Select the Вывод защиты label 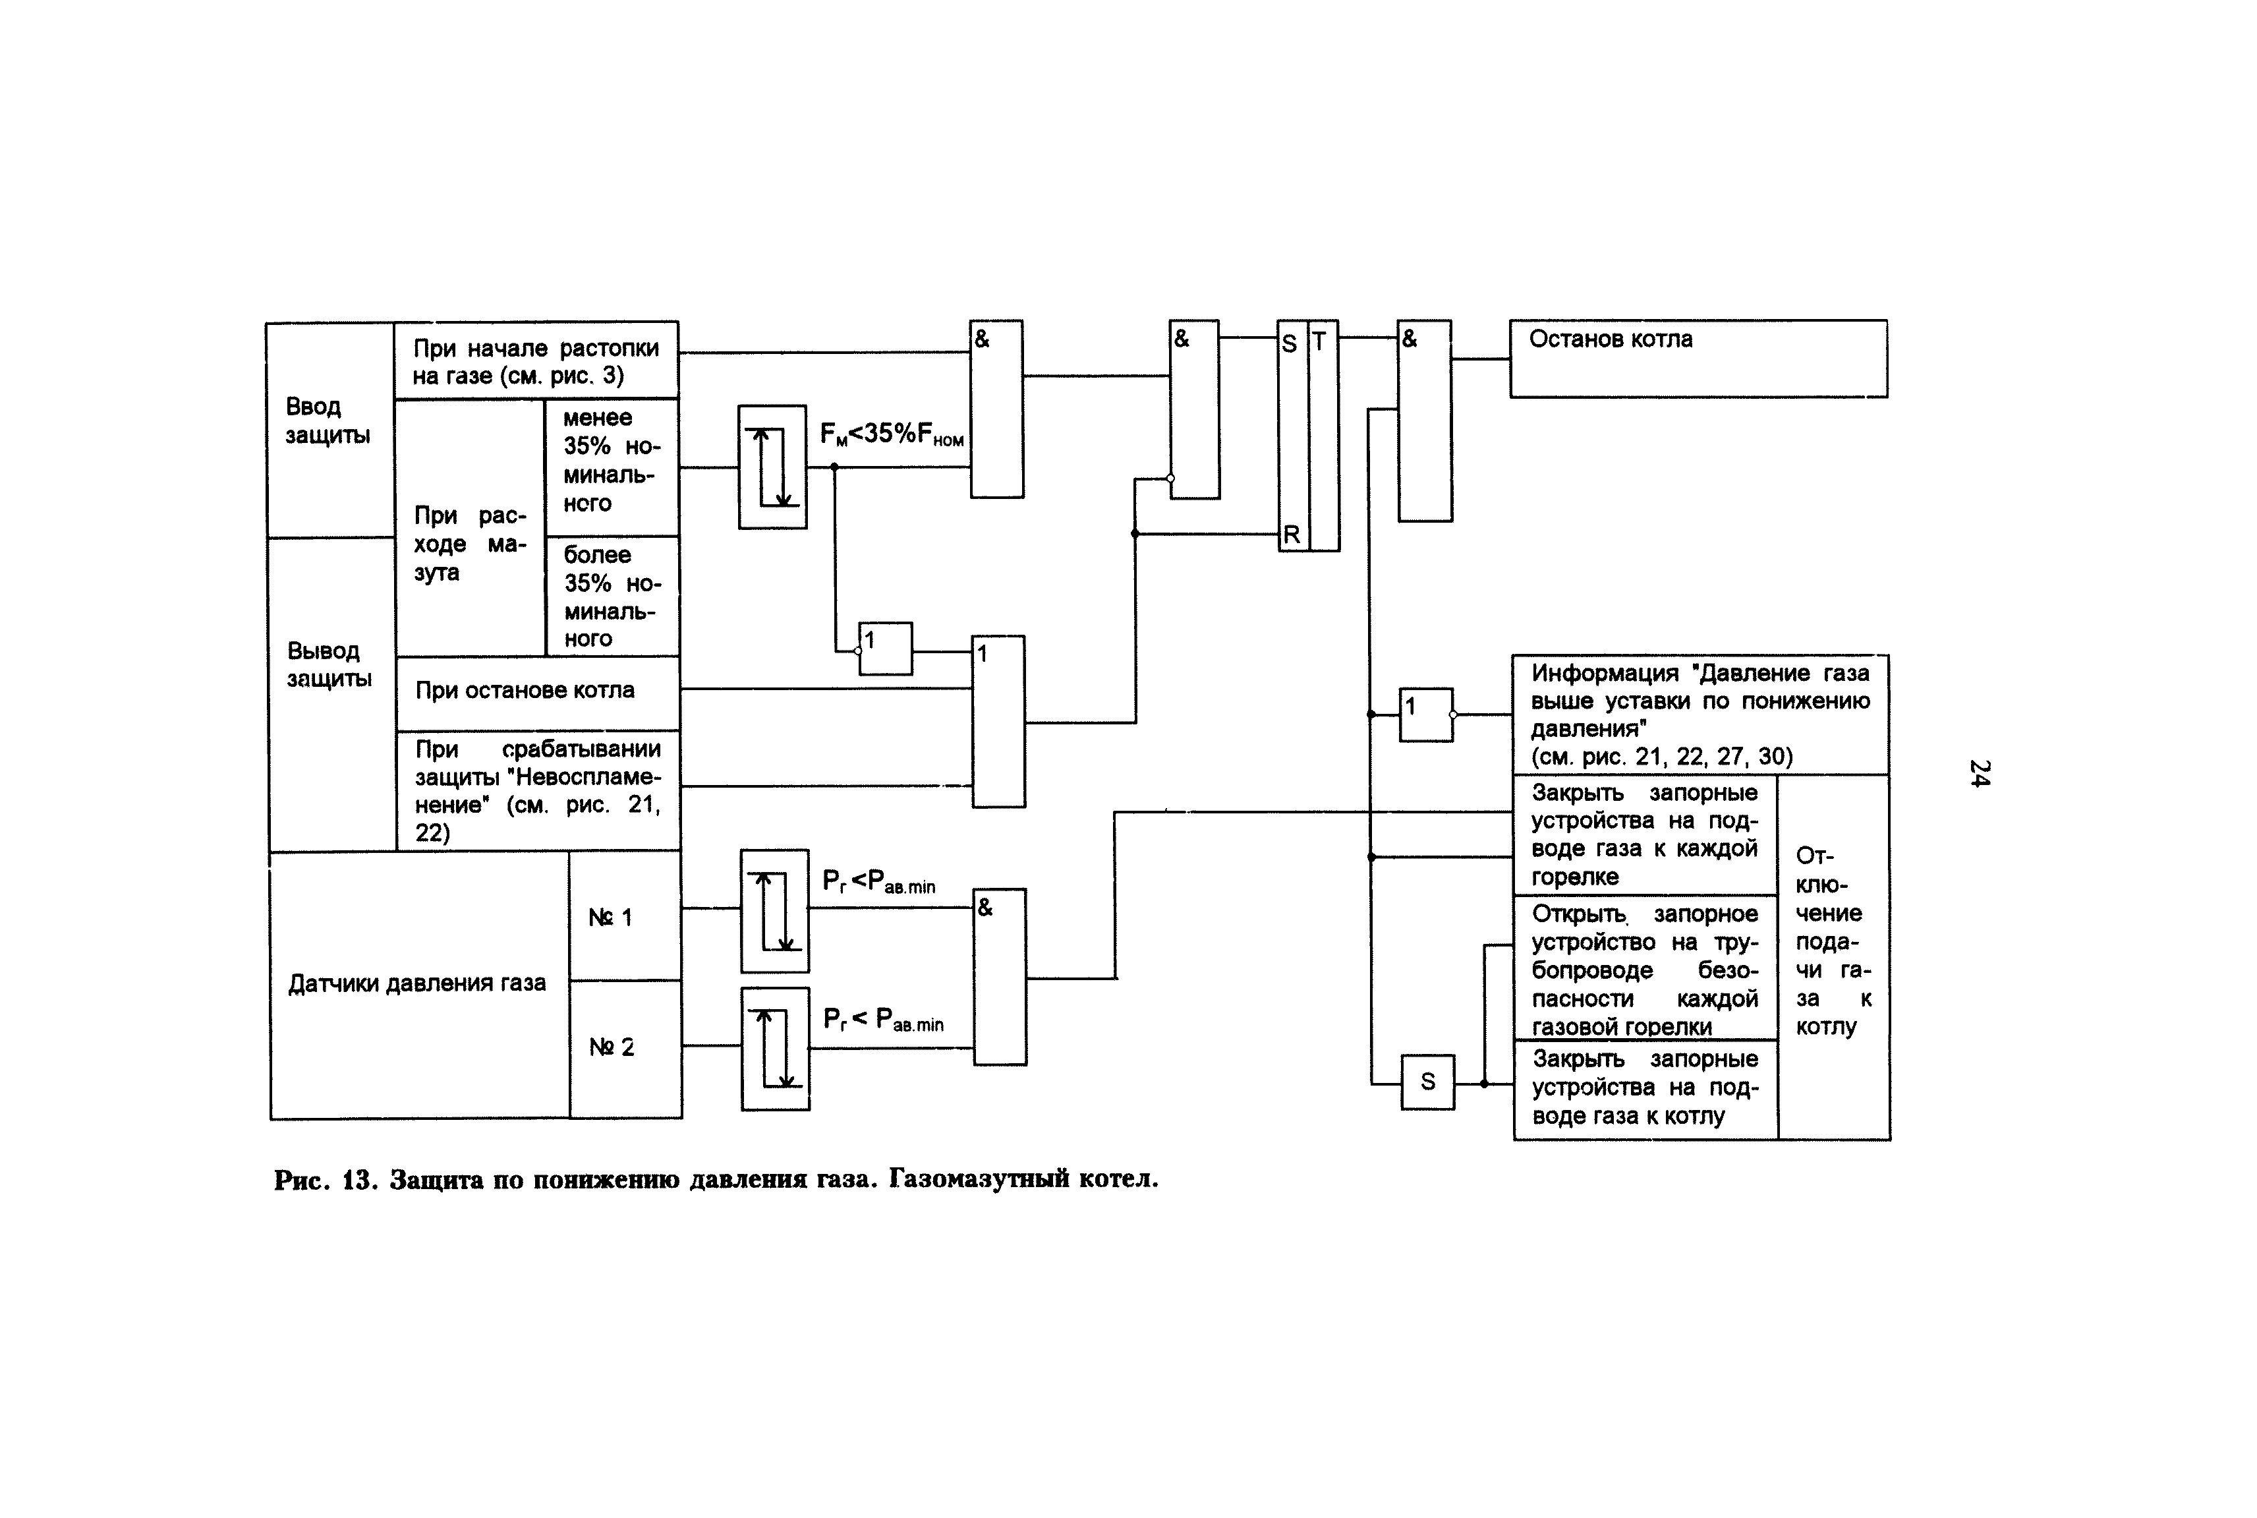pyautogui.click(x=329, y=664)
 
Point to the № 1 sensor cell pyautogui.click(x=611, y=917)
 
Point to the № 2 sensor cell pyautogui.click(x=612, y=1047)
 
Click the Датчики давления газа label pyautogui.click(x=417, y=983)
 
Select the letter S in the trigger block pyautogui.click(x=1289, y=343)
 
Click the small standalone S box pyautogui.click(x=1427, y=1082)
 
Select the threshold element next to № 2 pyautogui.click(x=775, y=1049)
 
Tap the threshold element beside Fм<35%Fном pyautogui.click(x=772, y=467)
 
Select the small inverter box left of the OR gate pyautogui.click(x=886, y=649)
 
